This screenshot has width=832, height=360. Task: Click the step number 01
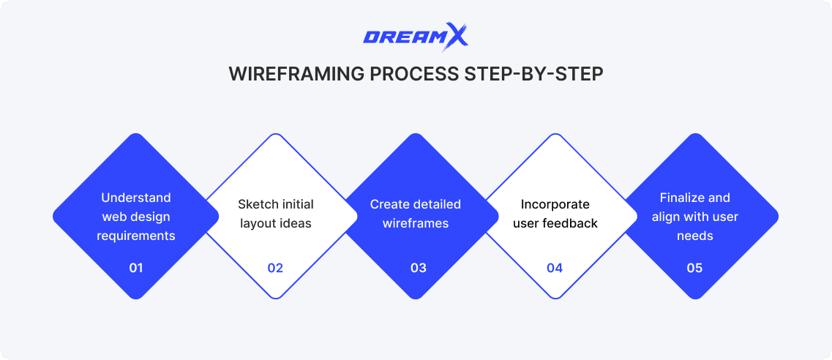135,268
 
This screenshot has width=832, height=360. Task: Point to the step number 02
275,268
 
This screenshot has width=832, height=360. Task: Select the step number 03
418,268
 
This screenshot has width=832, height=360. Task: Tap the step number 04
555,268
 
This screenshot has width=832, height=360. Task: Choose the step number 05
694,268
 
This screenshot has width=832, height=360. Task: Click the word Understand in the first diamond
136,198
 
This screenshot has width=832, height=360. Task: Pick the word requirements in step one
136,236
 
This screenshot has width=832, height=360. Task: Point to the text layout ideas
275,223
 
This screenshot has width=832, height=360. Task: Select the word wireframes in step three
416,223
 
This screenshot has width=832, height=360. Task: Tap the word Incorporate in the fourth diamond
555,204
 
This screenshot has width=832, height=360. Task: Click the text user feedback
555,223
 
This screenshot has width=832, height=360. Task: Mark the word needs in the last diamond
695,236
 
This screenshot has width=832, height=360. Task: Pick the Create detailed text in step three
416,204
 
